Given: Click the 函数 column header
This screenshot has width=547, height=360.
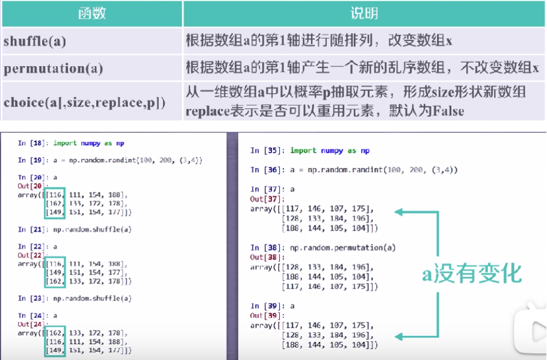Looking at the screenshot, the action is [91, 13].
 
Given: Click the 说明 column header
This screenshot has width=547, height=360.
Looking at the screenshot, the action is [364, 13].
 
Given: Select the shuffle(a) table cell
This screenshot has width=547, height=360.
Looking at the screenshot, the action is [35, 42].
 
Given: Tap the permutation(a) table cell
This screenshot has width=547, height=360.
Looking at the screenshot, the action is [53, 68].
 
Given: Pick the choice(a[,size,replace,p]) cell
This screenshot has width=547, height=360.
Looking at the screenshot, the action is [76, 102].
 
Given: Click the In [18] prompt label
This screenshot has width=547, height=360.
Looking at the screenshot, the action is [30, 143].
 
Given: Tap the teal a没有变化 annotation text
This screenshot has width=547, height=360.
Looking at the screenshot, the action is [471, 275].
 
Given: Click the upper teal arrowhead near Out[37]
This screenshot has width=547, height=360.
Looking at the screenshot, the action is [398, 211].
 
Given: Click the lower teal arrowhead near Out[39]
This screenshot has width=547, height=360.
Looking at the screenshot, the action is [398, 337].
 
